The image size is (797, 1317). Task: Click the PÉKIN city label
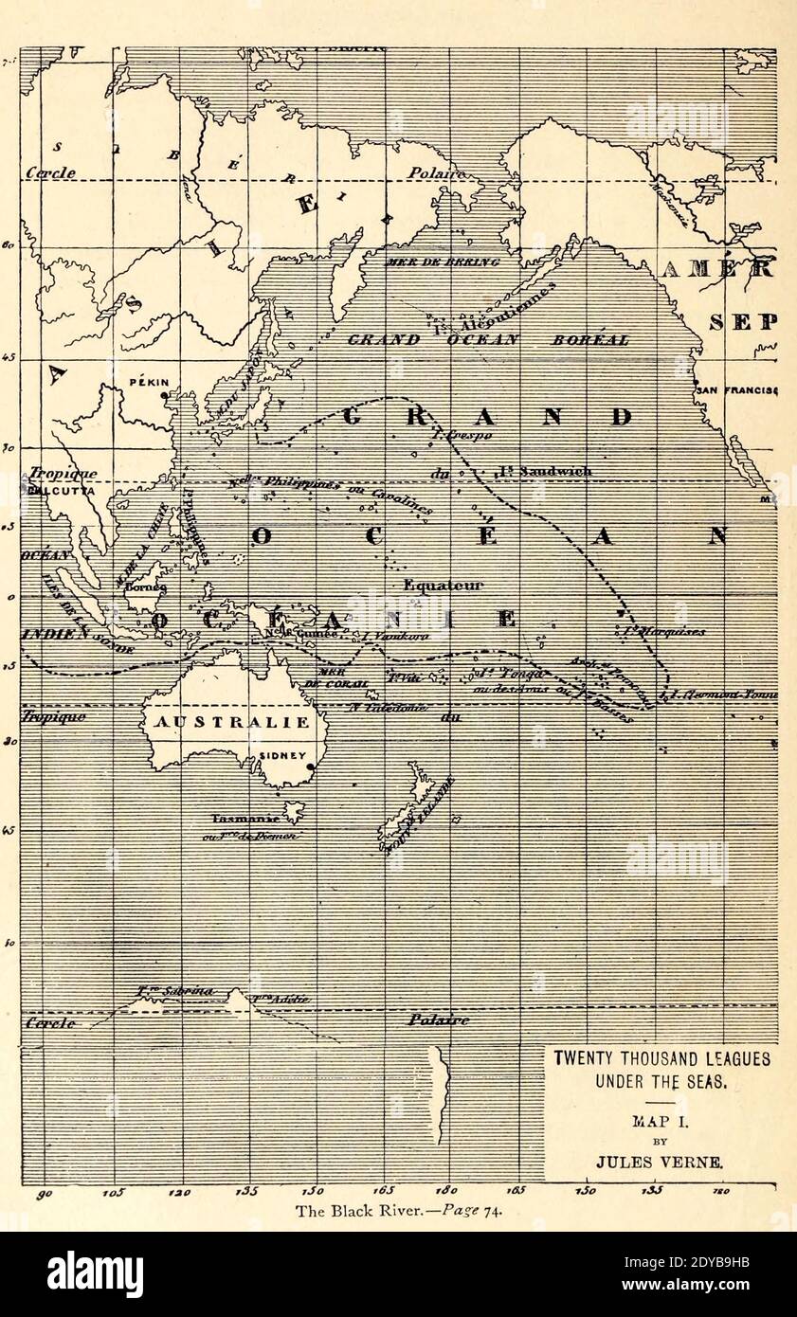(x=149, y=383)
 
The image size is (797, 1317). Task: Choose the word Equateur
(x=443, y=586)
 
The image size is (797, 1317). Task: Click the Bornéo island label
(x=146, y=586)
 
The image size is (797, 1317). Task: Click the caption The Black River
(x=397, y=1210)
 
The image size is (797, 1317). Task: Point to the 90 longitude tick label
(x=44, y=1195)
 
